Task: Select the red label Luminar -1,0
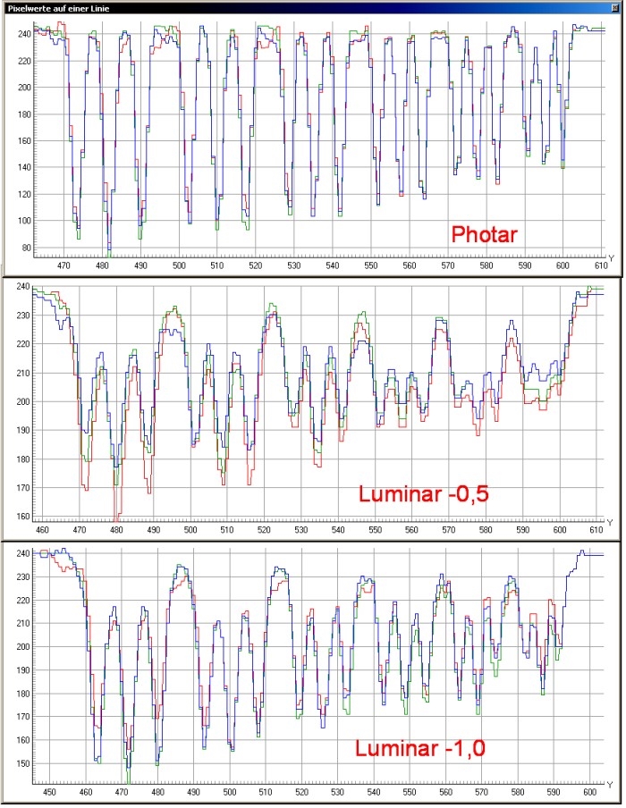pyautogui.click(x=420, y=748)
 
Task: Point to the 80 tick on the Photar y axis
pyautogui.click(x=23, y=248)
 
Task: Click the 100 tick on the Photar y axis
pyautogui.click(x=22, y=221)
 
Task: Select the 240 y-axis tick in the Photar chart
pyautogui.click(x=22, y=34)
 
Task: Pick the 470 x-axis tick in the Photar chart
pyautogui.click(x=64, y=265)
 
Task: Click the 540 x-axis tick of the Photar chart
pyautogui.click(x=333, y=265)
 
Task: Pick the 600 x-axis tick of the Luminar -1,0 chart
pyautogui.click(x=589, y=793)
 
